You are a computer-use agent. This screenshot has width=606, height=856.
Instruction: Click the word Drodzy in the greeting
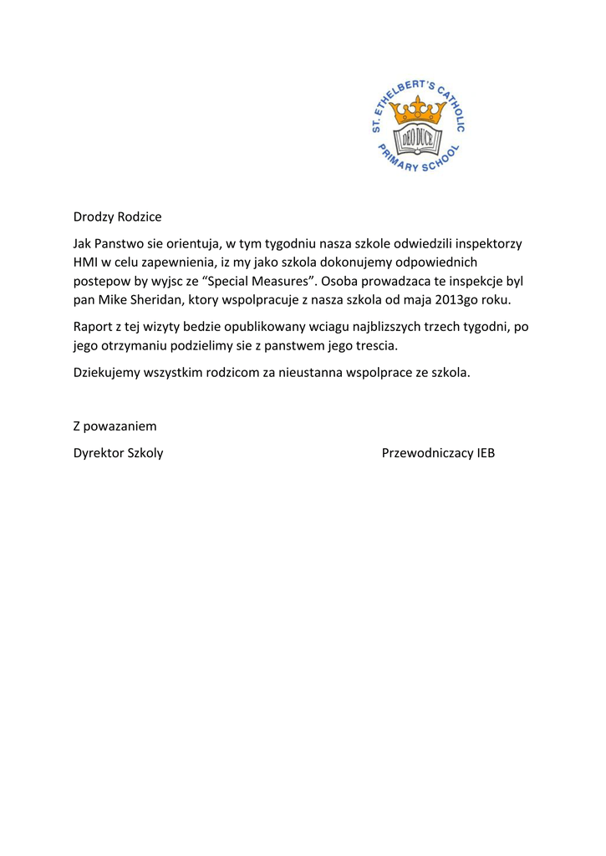click(x=93, y=217)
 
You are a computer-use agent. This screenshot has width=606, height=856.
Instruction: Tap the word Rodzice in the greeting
click(x=139, y=217)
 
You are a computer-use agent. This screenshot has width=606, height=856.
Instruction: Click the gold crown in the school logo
click(x=416, y=110)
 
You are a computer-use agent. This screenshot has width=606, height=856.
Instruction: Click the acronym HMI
click(x=86, y=262)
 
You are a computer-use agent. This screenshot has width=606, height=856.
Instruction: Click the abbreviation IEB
click(x=486, y=454)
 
